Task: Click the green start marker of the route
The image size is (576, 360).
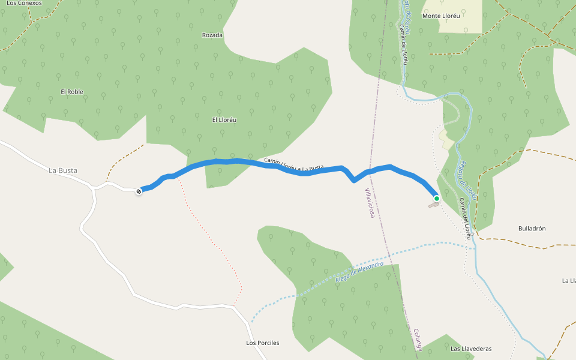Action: (437, 199)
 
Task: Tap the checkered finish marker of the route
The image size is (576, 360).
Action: (139, 191)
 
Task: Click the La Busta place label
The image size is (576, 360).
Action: (63, 170)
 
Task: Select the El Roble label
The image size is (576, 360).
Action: (72, 92)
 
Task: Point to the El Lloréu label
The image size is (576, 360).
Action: (224, 119)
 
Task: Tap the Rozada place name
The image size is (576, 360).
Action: (212, 35)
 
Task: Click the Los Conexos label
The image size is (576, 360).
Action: (24, 3)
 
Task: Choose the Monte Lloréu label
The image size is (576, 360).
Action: (441, 16)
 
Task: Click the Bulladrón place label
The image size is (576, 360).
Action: (532, 229)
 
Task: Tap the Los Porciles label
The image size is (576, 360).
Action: (263, 343)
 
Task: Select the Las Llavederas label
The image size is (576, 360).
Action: (471, 349)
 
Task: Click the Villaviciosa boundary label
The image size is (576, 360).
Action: (370, 202)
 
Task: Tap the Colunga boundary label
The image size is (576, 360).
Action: (418, 340)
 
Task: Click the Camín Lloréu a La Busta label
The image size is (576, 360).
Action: (294, 164)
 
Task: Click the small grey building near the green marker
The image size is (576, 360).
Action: (433, 205)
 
